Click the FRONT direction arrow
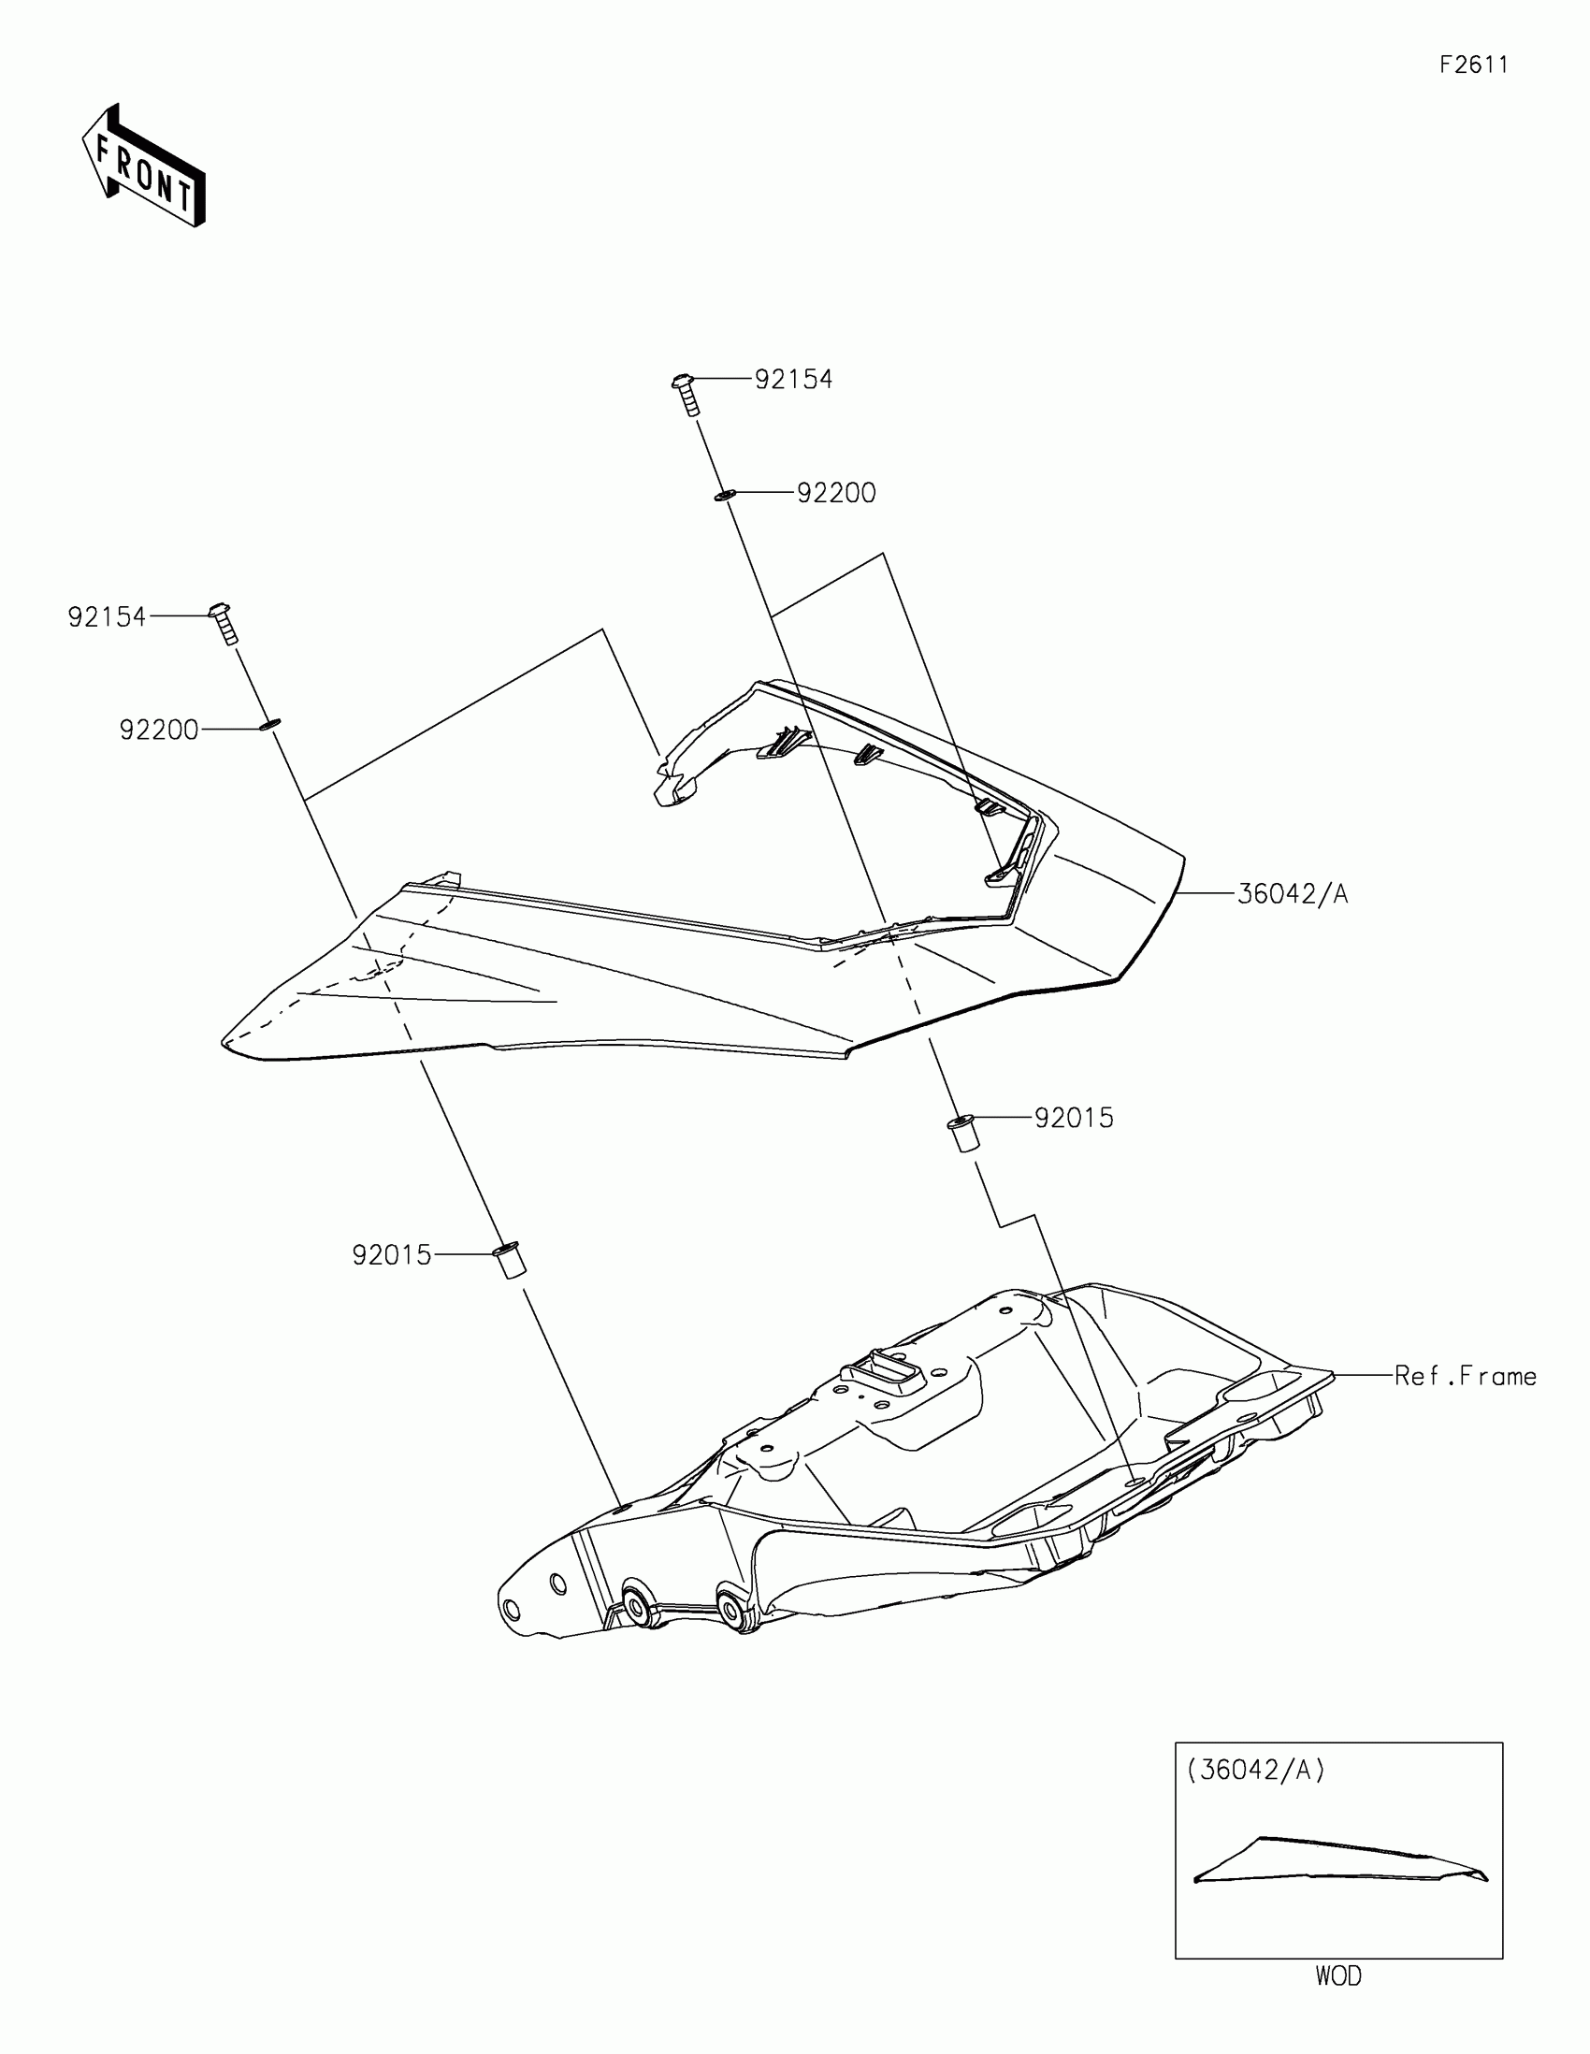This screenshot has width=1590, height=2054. pos(143,166)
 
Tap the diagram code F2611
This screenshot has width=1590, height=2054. pos(1473,65)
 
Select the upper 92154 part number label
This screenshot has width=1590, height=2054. pos(793,379)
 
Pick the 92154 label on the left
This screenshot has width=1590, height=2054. pos(108,617)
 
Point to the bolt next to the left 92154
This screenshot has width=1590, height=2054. pos(224,623)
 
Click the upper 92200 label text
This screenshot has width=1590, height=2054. pos(836,493)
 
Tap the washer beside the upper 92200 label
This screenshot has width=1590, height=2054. pos(723,495)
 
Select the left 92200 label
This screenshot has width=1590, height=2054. pos(159,730)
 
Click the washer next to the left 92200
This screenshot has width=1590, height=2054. pos(268,725)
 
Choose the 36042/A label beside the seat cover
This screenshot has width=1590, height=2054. pos(1292,893)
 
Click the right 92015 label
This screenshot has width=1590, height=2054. pos(1074,1119)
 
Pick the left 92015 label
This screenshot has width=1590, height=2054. pos(391,1255)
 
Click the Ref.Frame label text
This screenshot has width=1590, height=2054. pos(1464,1376)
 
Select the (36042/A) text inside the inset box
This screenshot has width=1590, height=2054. pos(1255,1770)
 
